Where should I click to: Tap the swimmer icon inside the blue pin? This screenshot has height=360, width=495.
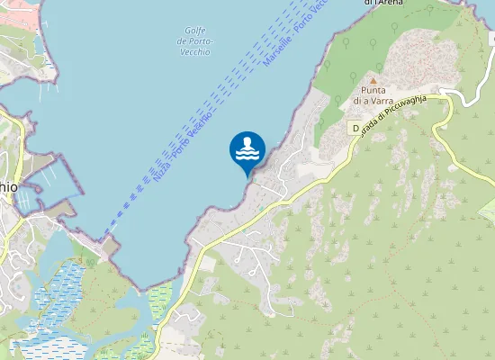coord(247,145)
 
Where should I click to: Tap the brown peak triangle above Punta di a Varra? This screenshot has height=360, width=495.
coord(373,80)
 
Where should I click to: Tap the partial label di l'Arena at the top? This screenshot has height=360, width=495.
coord(383,3)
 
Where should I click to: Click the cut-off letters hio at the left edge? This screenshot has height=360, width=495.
coord(8,184)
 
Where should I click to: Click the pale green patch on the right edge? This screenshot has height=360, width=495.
coord(488,212)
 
